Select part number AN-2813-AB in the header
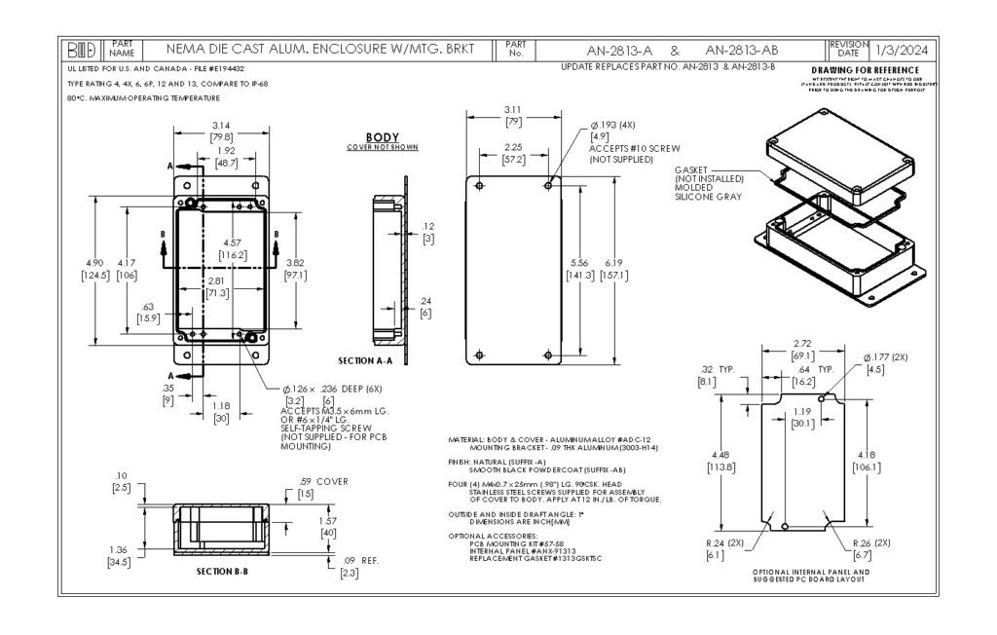742,50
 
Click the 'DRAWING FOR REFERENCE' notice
864,70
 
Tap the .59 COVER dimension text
323,481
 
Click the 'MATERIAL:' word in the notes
465,440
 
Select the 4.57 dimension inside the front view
232,242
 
